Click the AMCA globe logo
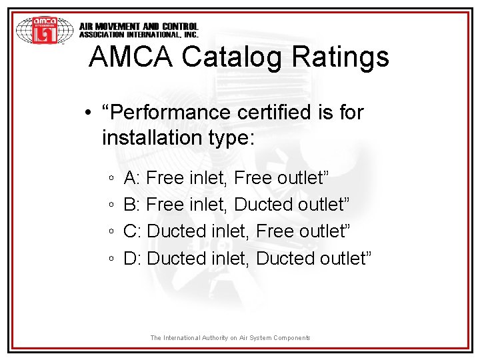44,30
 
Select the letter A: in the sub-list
131,178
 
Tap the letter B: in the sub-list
131,205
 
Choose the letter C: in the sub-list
132,231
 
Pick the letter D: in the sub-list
132,258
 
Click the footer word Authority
209,338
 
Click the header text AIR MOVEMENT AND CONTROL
139,27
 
